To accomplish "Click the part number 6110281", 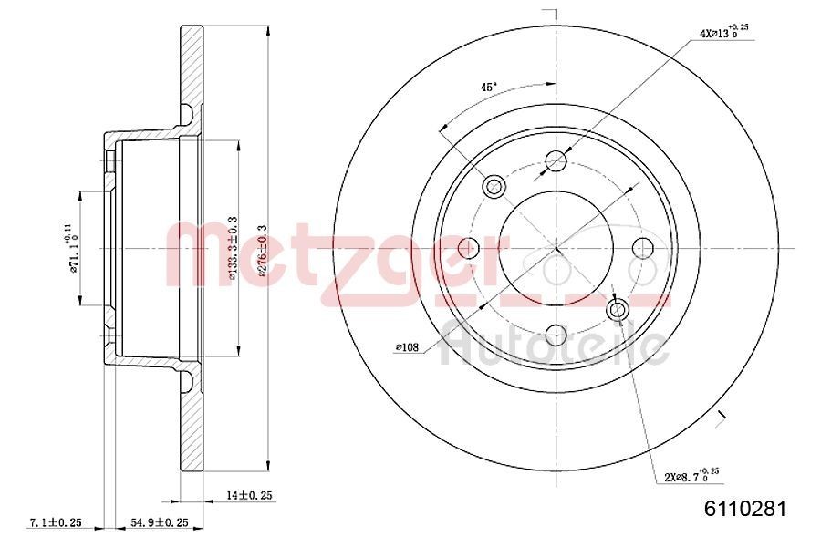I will [x=744, y=508].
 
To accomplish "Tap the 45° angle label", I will [x=489, y=87].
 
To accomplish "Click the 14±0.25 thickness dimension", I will [x=249, y=495].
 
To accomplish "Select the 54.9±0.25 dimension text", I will [x=155, y=522].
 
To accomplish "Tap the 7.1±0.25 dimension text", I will [x=57, y=522].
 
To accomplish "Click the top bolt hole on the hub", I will [x=556, y=161].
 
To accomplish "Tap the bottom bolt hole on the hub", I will [x=556, y=336].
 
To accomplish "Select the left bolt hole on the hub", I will [x=469, y=248].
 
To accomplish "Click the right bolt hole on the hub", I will [x=644, y=248].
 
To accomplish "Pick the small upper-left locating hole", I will [x=494, y=187].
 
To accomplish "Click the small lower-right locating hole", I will [x=618, y=310].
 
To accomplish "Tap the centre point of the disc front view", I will [x=556, y=248].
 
